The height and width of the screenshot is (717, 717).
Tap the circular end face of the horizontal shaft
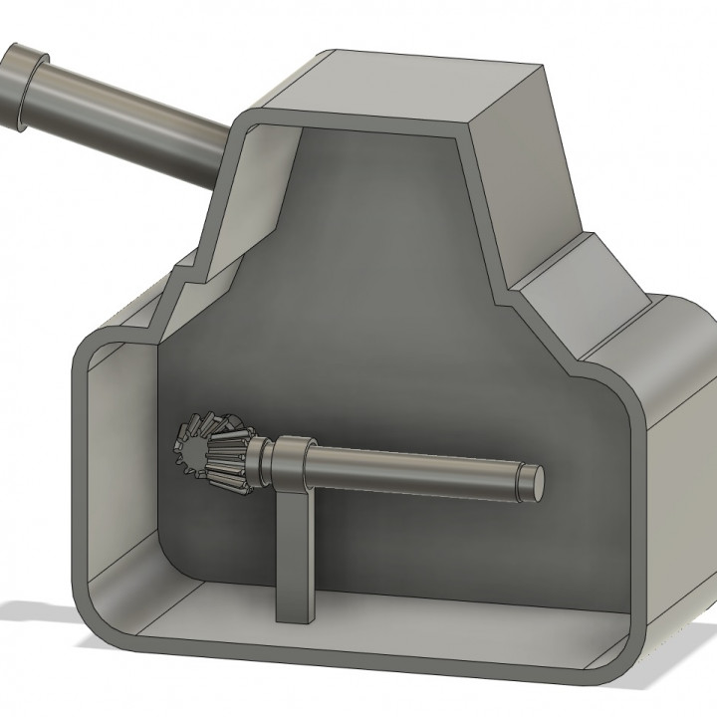pyautogui.click(x=535, y=480)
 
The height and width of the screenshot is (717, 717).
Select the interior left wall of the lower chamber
pyautogui.click(x=119, y=458)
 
